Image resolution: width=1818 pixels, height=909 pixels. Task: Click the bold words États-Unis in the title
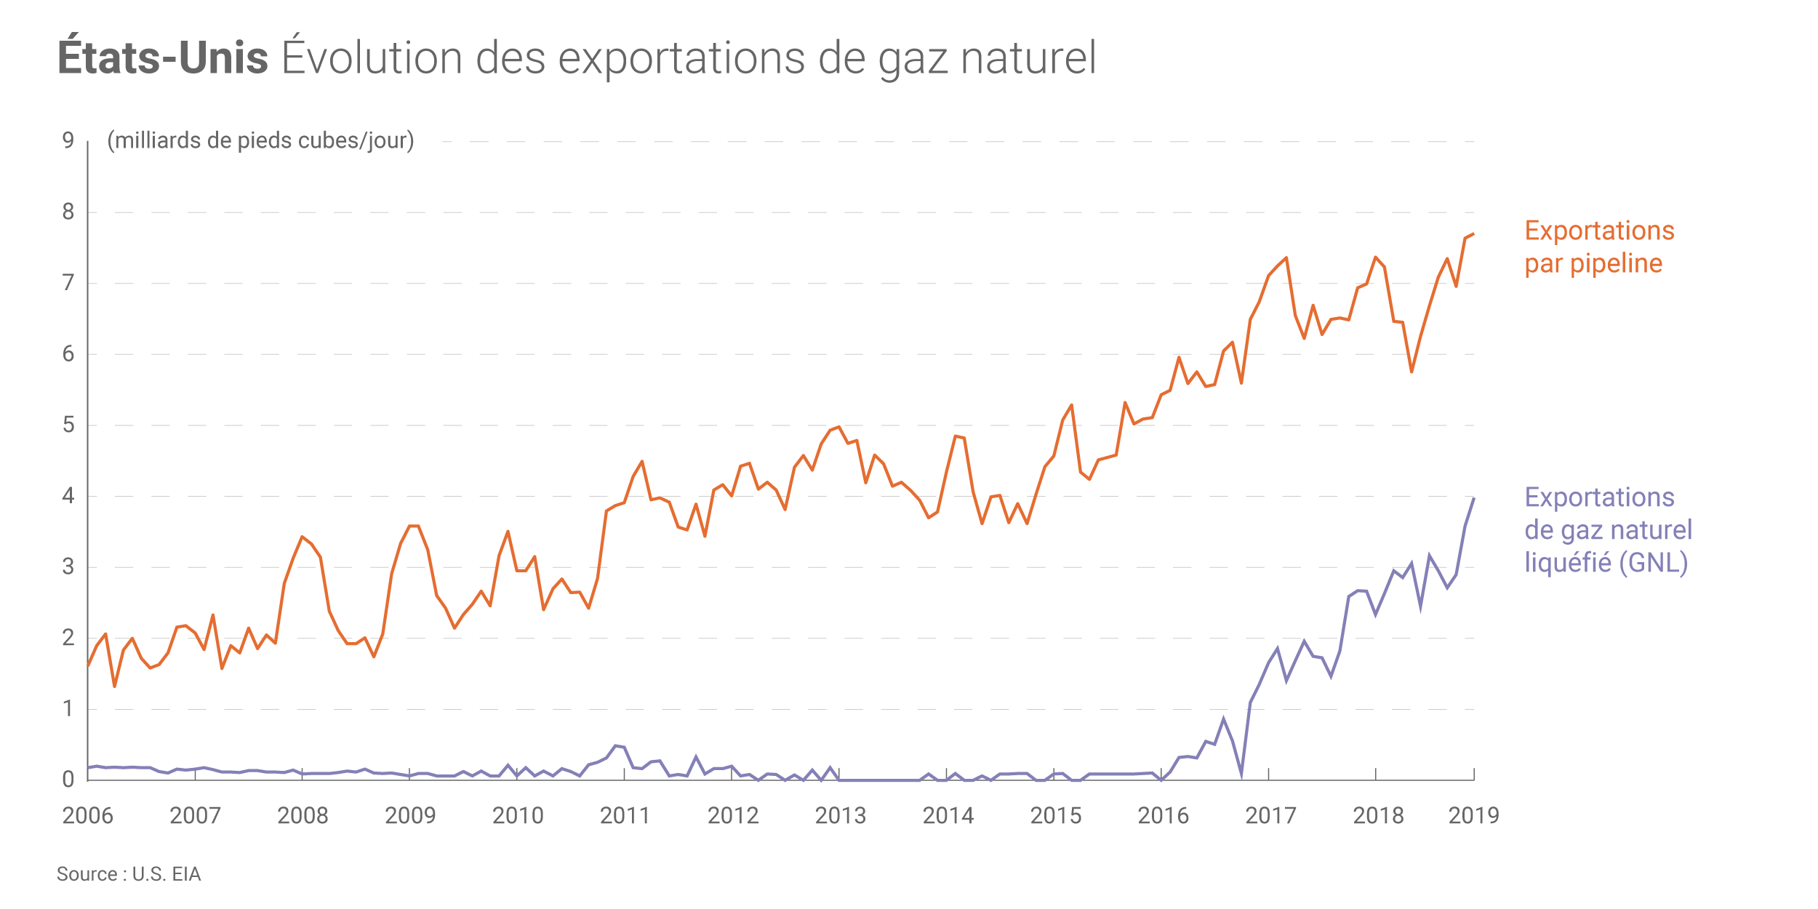point(163,58)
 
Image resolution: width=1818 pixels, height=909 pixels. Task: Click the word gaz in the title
point(913,60)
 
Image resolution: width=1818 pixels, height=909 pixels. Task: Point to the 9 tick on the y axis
point(68,140)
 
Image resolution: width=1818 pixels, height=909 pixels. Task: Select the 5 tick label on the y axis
point(68,425)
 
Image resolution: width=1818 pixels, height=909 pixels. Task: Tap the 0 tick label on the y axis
point(68,780)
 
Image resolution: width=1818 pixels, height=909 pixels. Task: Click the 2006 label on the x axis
point(88,816)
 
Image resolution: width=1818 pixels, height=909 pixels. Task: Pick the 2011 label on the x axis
point(625,816)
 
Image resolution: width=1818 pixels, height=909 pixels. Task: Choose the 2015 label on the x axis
point(1056,816)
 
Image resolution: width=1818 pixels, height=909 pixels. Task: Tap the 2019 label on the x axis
point(1473,816)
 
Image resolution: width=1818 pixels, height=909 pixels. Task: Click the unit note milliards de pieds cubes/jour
point(260,140)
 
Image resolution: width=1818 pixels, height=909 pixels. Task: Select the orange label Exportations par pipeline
point(1599,247)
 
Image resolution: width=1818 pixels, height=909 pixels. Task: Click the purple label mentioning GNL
point(1608,530)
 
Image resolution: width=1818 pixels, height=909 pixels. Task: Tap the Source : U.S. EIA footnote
point(129,874)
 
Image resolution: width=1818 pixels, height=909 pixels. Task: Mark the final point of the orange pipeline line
point(1473,233)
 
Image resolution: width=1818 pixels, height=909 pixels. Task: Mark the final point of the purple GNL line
point(1474,497)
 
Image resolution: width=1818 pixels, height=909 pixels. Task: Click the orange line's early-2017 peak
point(1286,257)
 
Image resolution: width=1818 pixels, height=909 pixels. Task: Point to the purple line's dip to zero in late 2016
point(1241,777)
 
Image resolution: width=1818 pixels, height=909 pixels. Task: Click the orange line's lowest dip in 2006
point(114,686)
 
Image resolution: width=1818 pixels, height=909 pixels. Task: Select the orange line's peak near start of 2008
point(302,537)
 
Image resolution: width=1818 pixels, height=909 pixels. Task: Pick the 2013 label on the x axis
point(841,816)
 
